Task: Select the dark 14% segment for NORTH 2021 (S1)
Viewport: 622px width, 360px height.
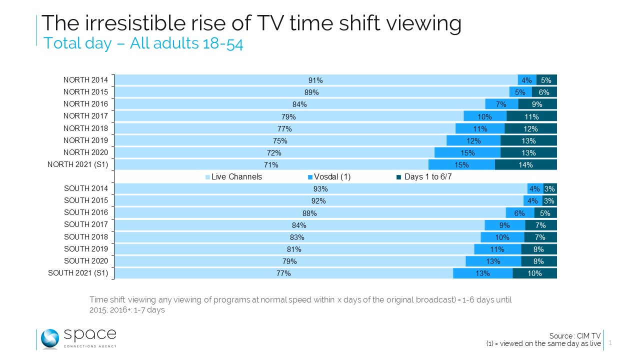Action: (x=525, y=164)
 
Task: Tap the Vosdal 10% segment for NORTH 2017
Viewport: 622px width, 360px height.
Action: (x=484, y=116)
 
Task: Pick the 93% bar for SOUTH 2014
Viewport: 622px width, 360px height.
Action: (x=320, y=189)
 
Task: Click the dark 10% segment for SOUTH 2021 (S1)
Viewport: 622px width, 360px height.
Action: (x=534, y=273)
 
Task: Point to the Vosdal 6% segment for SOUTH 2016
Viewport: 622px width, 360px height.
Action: (x=519, y=213)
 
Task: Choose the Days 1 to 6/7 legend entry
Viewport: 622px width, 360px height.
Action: (x=426, y=176)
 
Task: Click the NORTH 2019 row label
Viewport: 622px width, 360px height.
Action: (x=85, y=140)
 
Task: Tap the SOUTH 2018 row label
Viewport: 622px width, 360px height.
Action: (x=85, y=236)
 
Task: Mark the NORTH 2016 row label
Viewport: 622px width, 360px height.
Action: (x=85, y=103)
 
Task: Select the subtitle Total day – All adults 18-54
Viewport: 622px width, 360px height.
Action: (x=143, y=43)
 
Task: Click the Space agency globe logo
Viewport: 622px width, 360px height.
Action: (x=50, y=338)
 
